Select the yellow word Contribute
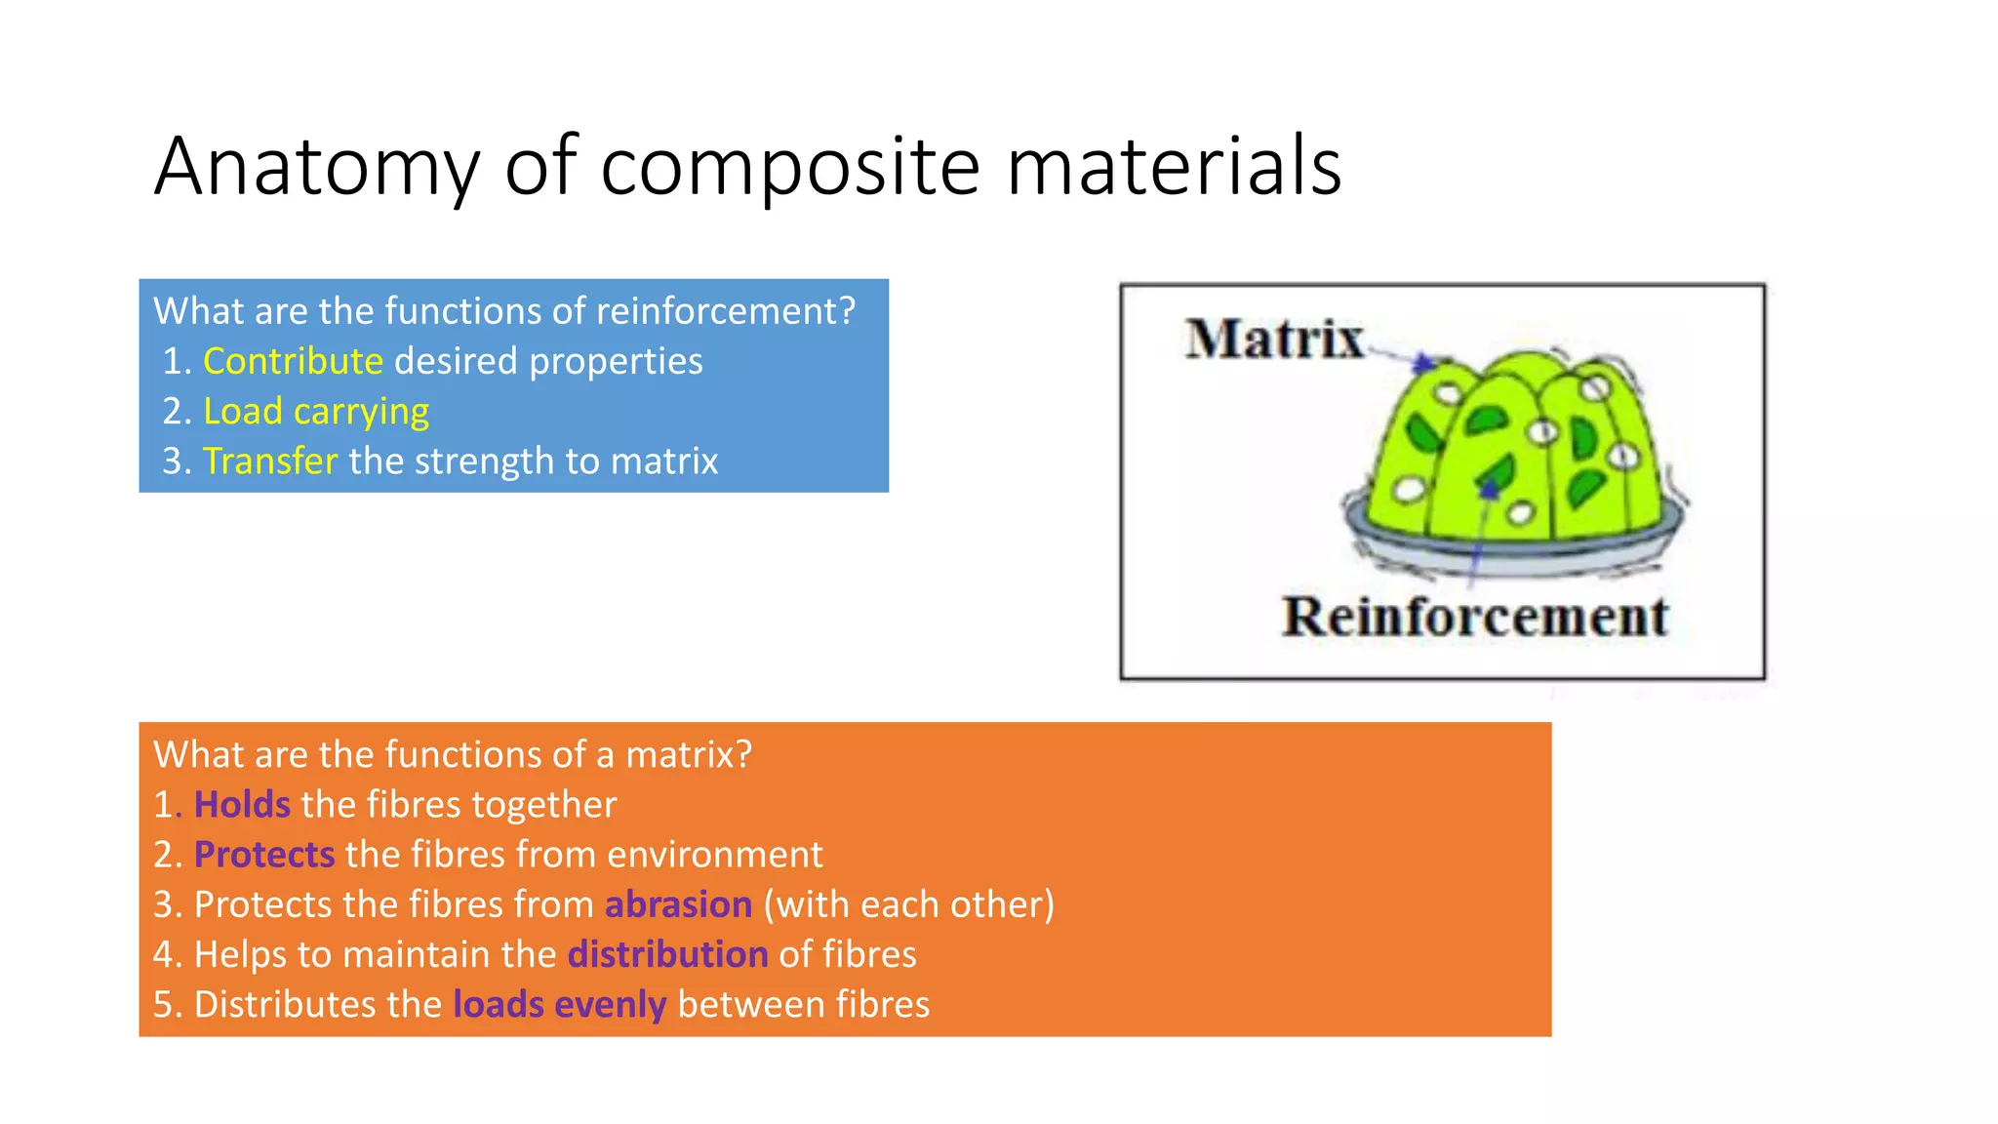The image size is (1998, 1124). coord(293,362)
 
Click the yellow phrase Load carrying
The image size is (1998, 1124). coord(315,412)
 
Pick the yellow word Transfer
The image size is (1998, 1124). coord(270,462)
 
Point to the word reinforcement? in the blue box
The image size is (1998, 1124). coord(725,311)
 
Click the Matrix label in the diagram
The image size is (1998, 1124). coord(1274,340)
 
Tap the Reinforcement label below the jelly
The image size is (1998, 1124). coord(1474,618)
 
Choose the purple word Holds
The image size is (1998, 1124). coord(242,805)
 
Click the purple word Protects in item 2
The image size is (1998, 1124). coord(264,855)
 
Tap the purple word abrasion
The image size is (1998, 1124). coord(678,904)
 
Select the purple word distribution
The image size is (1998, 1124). coord(667,954)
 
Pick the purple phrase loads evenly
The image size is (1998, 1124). coord(559,1005)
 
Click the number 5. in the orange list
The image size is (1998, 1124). coord(167,1005)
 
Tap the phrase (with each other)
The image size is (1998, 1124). coord(908,904)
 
